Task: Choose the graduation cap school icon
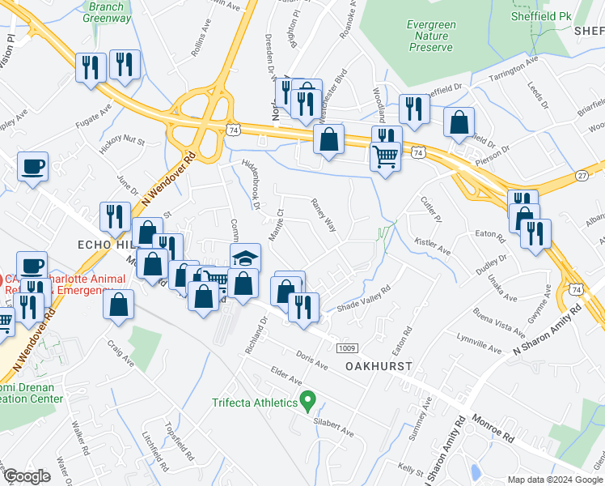[x=247, y=258]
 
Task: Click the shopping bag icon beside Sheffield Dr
[x=459, y=123]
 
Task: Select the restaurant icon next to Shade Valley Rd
[x=303, y=306]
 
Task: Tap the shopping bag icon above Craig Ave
[x=119, y=305]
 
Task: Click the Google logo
[x=27, y=476]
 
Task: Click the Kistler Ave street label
[x=432, y=245]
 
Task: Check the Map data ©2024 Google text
[x=555, y=479]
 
